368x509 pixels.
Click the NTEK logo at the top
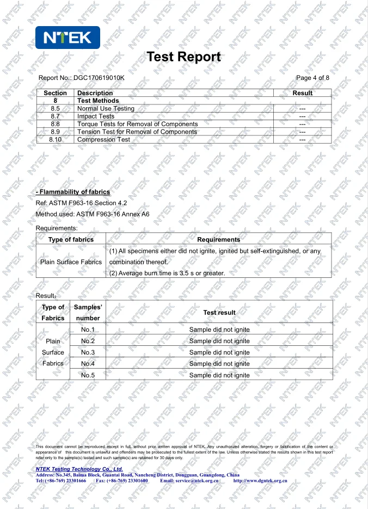(x=68, y=38)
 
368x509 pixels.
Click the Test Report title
(x=184, y=57)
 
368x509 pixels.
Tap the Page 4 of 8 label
(x=312, y=78)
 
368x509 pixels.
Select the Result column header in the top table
(x=302, y=93)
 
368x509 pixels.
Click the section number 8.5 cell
(x=55, y=109)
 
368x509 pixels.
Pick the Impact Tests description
(x=96, y=116)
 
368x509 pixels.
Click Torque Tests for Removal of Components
(x=137, y=124)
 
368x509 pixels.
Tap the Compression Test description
(x=103, y=140)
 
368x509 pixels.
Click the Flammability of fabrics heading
(x=73, y=192)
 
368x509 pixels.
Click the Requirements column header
(x=218, y=239)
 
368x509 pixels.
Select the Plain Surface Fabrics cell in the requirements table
(x=71, y=262)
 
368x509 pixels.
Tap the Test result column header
(x=219, y=313)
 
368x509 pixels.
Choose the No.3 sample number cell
(x=88, y=352)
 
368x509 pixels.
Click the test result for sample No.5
(x=219, y=375)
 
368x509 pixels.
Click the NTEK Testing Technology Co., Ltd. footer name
(x=79, y=469)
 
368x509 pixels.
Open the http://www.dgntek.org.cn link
(x=260, y=481)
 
